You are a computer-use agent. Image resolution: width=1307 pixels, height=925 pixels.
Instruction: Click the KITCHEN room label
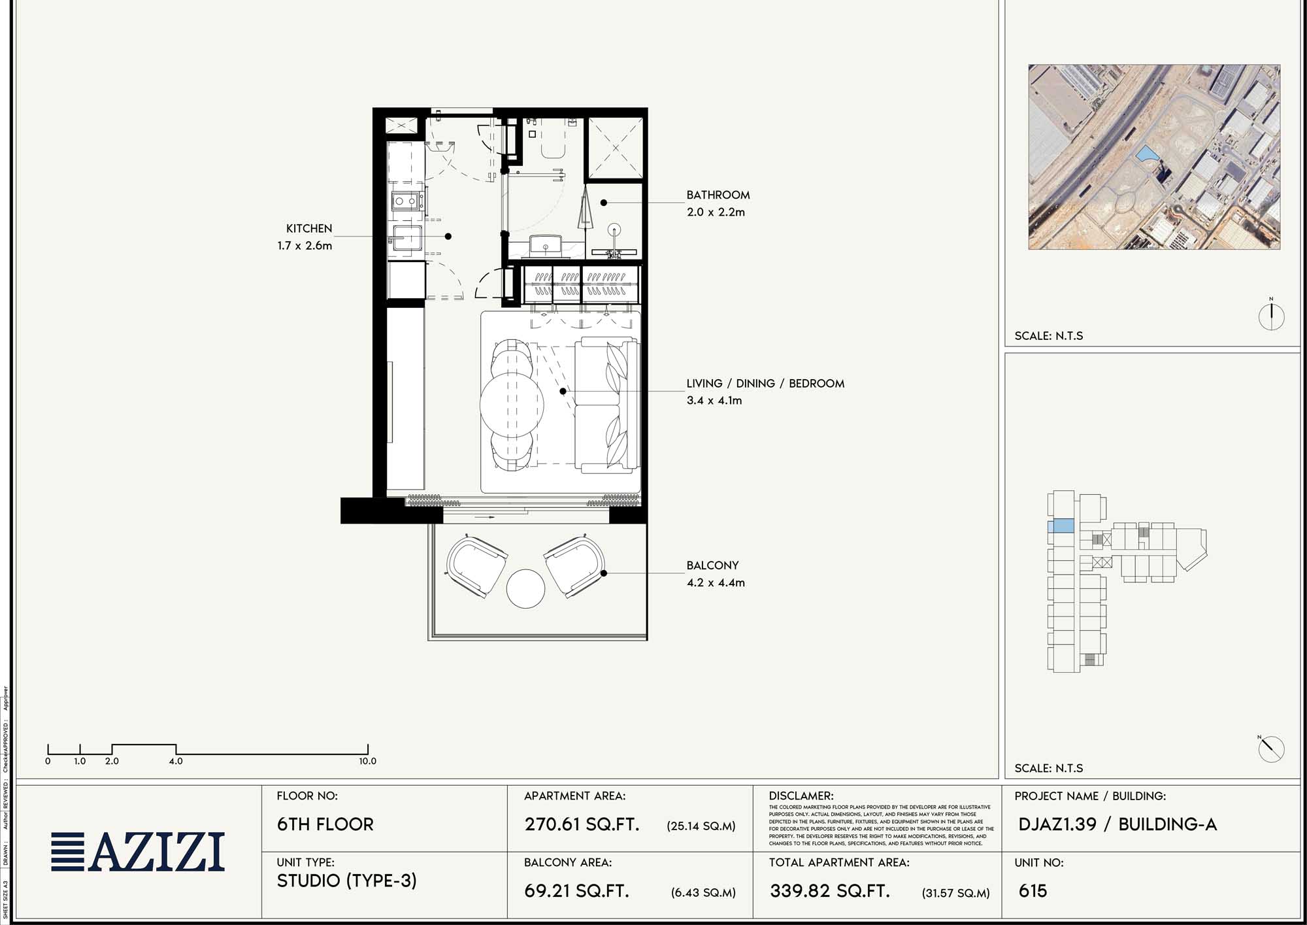click(x=309, y=229)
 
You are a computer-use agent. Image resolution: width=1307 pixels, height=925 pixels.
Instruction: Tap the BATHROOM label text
click(x=718, y=195)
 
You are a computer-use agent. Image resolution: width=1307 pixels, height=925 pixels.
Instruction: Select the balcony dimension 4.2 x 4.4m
click(x=716, y=582)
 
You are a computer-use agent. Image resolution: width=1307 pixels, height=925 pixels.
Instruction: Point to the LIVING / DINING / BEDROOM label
click(x=765, y=384)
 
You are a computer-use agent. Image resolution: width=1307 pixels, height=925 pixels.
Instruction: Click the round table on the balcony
click(x=525, y=588)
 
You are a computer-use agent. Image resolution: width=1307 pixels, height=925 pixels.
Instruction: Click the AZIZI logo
click(x=139, y=852)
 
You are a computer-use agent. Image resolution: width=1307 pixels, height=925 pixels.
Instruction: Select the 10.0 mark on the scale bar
click(x=367, y=761)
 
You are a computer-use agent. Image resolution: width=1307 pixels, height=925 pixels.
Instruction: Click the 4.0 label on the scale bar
click(x=176, y=761)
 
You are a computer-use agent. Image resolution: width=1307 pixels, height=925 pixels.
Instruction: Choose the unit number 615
click(x=1033, y=891)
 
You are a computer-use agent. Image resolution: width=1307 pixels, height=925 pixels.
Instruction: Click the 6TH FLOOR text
click(x=325, y=824)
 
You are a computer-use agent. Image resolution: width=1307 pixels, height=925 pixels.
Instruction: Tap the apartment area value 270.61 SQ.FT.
click(x=582, y=824)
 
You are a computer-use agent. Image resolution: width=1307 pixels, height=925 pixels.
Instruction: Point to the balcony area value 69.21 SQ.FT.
click(x=576, y=891)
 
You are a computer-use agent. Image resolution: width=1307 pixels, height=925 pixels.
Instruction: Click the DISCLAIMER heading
click(x=801, y=796)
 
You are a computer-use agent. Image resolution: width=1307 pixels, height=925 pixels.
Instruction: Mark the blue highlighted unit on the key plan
click(x=1061, y=526)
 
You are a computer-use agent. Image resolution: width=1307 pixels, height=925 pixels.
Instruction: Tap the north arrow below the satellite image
click(x=1271, y=316)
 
